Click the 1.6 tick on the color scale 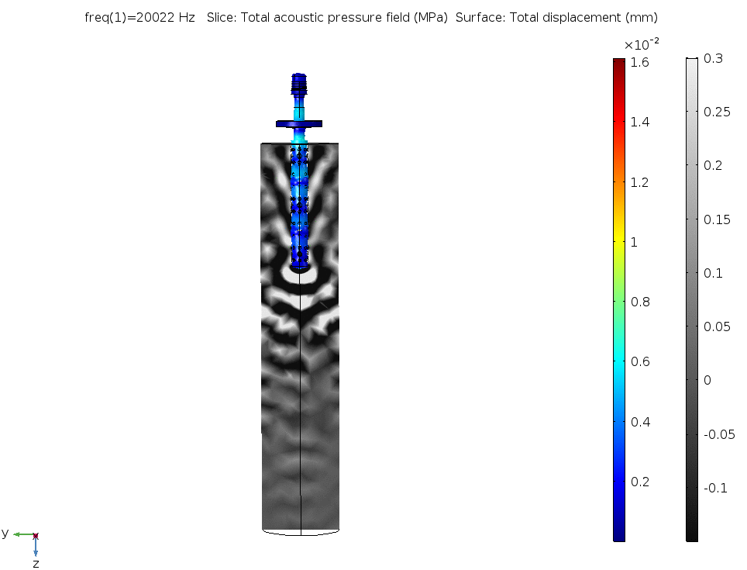[639, 63]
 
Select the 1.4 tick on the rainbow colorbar [639, 122]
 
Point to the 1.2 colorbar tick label [639, 182]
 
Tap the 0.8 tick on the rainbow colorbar [640, 302]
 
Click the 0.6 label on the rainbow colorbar [640, 361]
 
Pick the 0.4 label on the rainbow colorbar [640, 422]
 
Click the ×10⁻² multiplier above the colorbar [642, 44]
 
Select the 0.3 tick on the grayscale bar [713, 59]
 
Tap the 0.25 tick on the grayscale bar [717, 112]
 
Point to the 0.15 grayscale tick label [717, 219]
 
